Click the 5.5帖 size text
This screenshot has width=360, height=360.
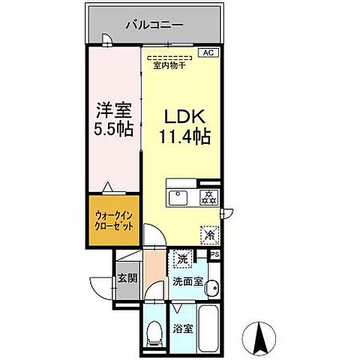tap(114, 128)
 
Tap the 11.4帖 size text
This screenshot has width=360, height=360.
tap(184, 137)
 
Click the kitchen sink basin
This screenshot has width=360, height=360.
tap(178, 198)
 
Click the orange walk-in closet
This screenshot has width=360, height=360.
tap(114, 220)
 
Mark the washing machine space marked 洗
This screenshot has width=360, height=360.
tap(183, 260)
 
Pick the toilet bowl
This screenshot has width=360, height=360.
tap(155, 330)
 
